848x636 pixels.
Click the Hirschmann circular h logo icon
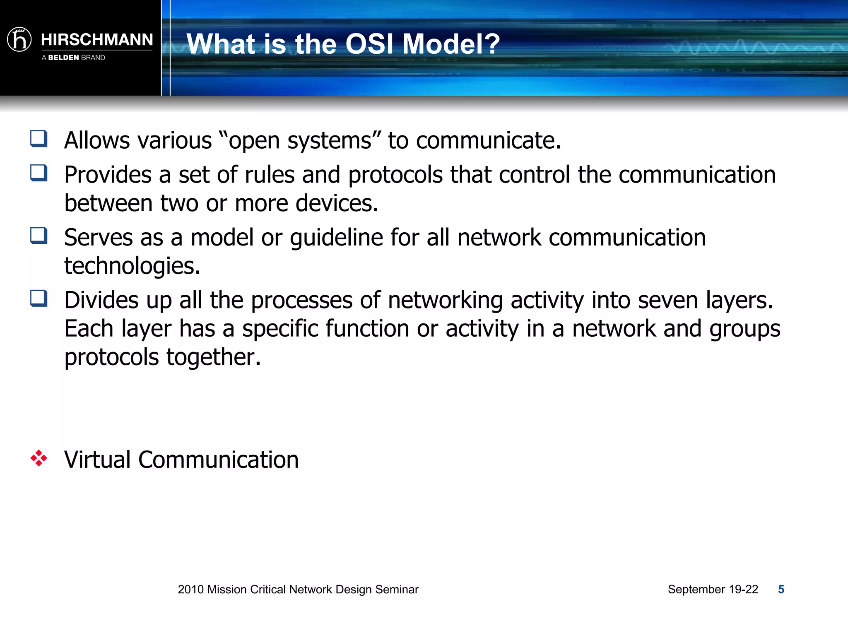[19, 40]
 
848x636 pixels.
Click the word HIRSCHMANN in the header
[97, 40]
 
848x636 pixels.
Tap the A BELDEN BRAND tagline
[73, 58]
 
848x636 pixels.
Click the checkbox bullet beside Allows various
[39, 139]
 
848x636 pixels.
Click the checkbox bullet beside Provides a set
[39, 173]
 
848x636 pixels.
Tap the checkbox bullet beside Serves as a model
[39, 236]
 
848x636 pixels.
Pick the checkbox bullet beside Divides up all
[39, 298]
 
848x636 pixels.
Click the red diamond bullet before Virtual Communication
[39, 458]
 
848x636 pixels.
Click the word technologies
[132, 266]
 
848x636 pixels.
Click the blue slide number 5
[781, 589]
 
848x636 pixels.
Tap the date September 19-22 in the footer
[713, 589]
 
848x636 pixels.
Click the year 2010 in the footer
[190, 589]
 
